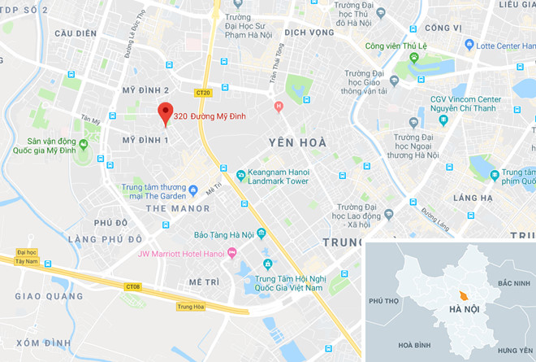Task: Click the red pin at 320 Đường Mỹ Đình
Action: pos(166,114)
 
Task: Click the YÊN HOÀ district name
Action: pos(290,142)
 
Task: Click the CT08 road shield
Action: pos(133,286)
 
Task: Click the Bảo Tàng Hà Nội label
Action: pos(224,235)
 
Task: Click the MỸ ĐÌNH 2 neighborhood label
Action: pos(145,89)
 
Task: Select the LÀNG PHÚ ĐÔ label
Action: pos(106,238)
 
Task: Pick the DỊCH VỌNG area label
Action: pos(309,33)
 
